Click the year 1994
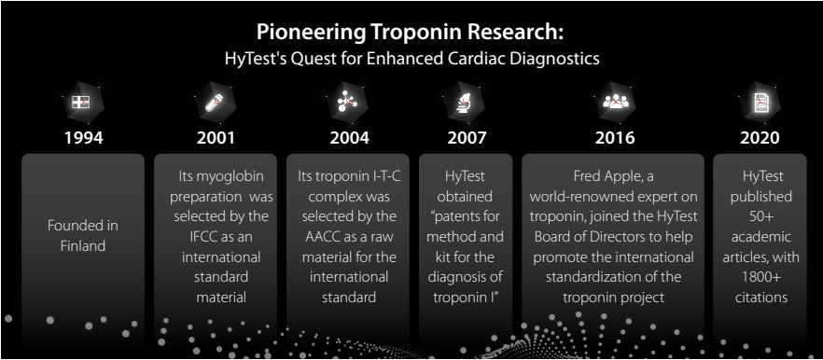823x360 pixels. click(83, 137)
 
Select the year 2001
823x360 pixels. click(216, 137)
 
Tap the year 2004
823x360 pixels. click(350, 137)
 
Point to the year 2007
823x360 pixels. click(467, 137)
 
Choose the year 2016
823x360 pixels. click(615, 137)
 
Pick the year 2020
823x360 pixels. click(760, 137)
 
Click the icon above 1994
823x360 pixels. click(81, 103)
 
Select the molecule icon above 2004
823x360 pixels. click(348, 101)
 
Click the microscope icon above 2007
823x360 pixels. click(467, 102)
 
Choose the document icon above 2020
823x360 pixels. click(760, 102)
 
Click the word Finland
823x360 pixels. click(83, 245)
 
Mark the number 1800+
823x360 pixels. click(760, 277)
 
